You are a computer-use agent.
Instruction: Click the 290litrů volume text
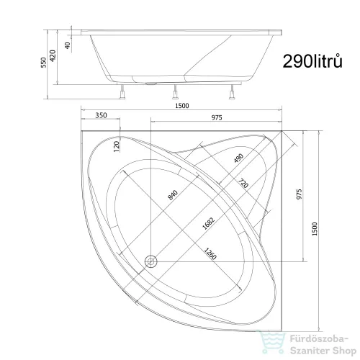(312, 61)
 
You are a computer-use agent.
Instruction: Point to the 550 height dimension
(43, 63)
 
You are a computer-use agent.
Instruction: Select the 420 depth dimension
(53, 55)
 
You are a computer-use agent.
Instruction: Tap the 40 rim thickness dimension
(68, 45)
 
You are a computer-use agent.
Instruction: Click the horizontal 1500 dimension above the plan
(181, 106)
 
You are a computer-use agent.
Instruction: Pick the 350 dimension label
(101, 115)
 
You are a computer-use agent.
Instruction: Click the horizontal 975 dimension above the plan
(217, 117)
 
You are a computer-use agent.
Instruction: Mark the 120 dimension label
(117, 146)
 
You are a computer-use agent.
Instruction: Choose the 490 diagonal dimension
(238, 158)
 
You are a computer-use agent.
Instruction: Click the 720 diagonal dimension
(243, 184)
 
